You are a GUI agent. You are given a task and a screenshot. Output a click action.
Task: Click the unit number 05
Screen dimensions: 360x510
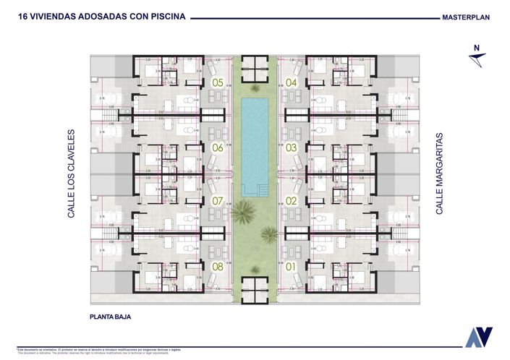pos(218,82)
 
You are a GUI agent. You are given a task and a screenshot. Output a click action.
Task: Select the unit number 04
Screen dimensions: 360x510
pos(292,82)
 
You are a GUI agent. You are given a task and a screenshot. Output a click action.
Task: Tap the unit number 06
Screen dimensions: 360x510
pos(218,148)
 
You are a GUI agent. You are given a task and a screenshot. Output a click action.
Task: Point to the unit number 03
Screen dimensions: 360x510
pos(292,148)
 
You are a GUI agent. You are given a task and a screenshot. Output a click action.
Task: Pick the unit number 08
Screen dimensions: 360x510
pos(218,266)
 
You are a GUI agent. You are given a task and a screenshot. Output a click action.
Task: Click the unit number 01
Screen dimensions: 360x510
pos(292,266)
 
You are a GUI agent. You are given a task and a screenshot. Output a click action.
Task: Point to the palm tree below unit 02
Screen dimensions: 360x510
pos(269,233)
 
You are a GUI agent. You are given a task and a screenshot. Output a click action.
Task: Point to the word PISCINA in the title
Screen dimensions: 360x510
pos(163,15)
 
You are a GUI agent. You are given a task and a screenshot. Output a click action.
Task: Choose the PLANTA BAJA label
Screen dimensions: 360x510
pos(109,317)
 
